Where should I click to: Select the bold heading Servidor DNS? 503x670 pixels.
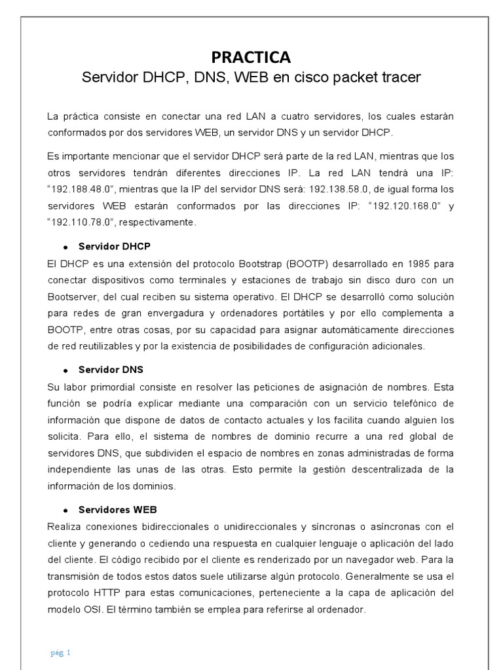click(111, 370)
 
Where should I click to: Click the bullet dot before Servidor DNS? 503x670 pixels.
click(65, 370)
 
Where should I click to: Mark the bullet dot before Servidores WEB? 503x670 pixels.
click(65, 510)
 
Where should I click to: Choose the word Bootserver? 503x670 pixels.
click(72, 296)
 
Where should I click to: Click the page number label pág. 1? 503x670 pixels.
click(60, 652)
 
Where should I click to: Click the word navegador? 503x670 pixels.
click(365, 559)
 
